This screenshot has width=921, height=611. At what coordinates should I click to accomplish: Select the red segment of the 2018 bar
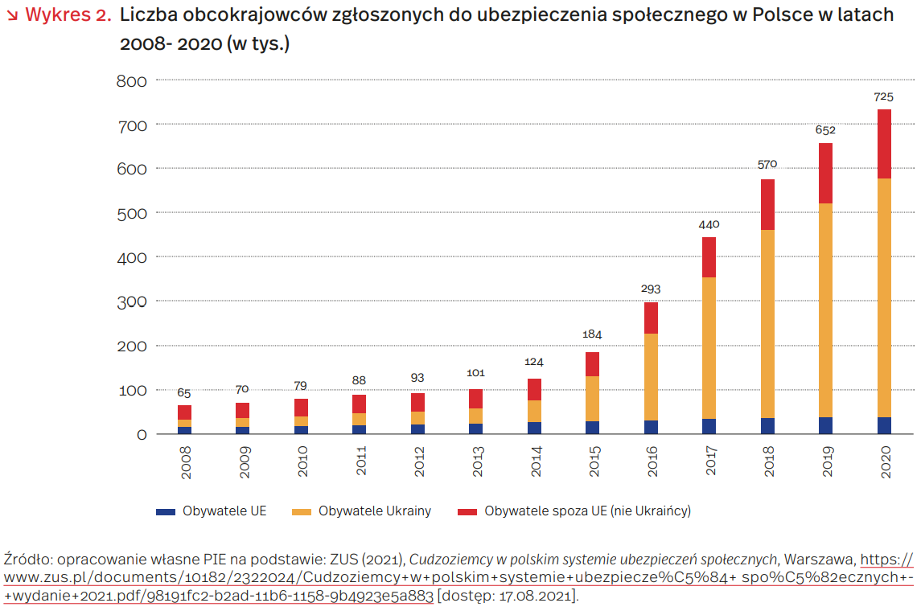767,204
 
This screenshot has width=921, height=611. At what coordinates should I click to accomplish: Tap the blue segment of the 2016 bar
651,427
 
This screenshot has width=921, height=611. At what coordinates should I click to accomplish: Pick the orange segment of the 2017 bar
709,348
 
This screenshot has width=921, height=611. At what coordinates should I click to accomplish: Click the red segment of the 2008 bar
184,412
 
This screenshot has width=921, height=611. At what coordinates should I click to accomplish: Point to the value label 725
883,97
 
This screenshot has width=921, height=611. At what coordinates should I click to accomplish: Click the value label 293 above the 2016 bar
651,289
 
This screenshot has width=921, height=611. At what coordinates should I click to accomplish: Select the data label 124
534,363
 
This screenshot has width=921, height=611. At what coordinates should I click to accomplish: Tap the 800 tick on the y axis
131,80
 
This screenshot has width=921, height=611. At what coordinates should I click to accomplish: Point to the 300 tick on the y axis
131,301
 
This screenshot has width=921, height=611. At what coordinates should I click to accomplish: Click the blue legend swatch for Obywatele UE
165,511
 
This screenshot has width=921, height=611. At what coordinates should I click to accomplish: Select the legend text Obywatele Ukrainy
374,511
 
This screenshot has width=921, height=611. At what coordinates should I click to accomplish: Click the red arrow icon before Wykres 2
12,16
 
